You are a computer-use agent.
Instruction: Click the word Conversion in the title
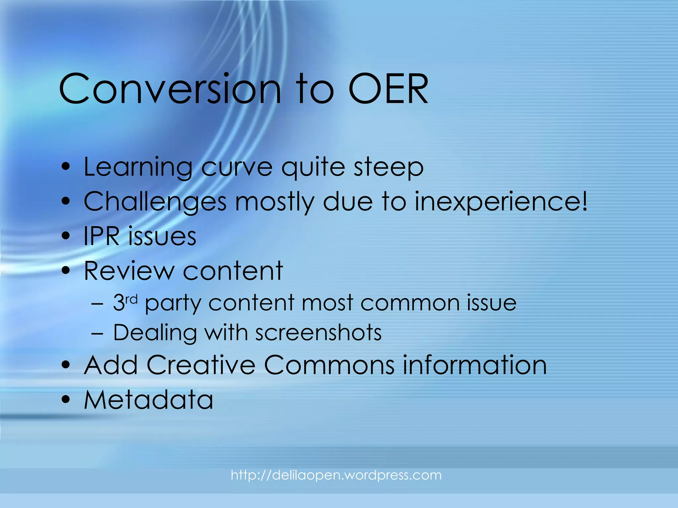169,89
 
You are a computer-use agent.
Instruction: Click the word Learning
138,167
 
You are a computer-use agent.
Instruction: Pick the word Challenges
155,202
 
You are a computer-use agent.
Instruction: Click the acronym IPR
101,236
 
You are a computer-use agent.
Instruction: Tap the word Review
129,271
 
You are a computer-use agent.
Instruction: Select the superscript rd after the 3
131,299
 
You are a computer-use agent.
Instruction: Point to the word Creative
201,365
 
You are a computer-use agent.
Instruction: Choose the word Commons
329,365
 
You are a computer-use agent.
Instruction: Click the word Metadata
148,400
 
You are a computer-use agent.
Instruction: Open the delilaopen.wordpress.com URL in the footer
336,475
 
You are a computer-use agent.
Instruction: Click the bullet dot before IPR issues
66,236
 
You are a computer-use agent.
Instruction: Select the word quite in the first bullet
313,167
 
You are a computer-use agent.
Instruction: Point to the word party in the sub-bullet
173,304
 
